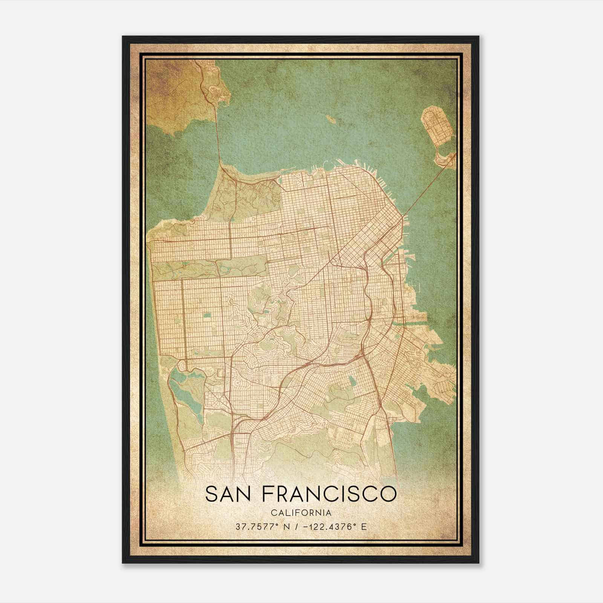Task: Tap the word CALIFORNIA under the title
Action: click(301, 513)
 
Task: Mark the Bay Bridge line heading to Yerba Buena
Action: click(426, 185)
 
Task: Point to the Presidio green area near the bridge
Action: click(245, 196)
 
